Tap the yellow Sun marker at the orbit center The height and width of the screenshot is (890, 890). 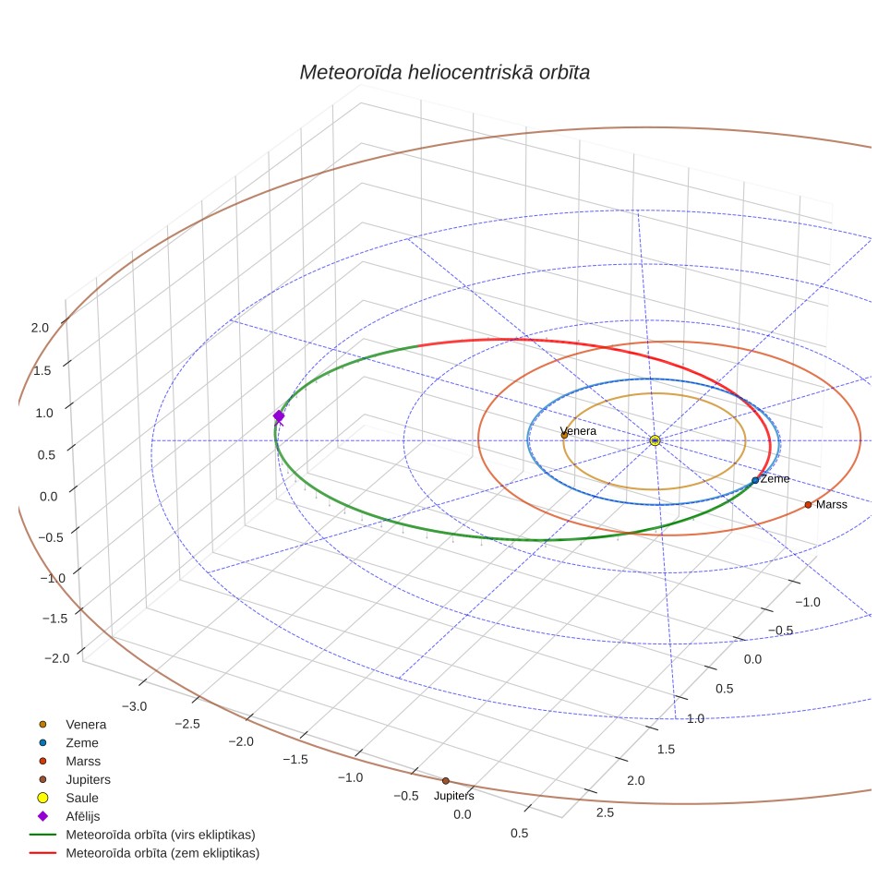[655, 440]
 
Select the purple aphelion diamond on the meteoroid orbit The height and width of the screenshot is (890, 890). [279, 416]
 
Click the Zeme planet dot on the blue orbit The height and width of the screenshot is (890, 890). [755, 480]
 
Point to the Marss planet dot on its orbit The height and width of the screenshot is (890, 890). [808, 505]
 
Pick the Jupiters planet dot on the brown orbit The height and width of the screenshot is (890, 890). [446, 781]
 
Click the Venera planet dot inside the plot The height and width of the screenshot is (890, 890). [564, 436]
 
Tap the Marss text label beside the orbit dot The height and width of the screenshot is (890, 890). [832, 505]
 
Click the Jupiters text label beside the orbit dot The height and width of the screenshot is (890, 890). [454, 796]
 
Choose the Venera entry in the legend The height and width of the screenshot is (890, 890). [86, 724]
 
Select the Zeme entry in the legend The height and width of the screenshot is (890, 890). [82, 743]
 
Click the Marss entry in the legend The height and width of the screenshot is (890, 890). [83, 761]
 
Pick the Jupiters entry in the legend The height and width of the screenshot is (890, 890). [88, 780]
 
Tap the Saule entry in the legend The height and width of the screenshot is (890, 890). [82, 798]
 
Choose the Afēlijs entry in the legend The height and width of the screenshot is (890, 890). [83, 816]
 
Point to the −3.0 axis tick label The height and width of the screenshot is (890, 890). [135, 706]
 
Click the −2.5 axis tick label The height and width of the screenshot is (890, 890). [187, 724]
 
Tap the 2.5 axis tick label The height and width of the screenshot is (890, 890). [605, 812]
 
